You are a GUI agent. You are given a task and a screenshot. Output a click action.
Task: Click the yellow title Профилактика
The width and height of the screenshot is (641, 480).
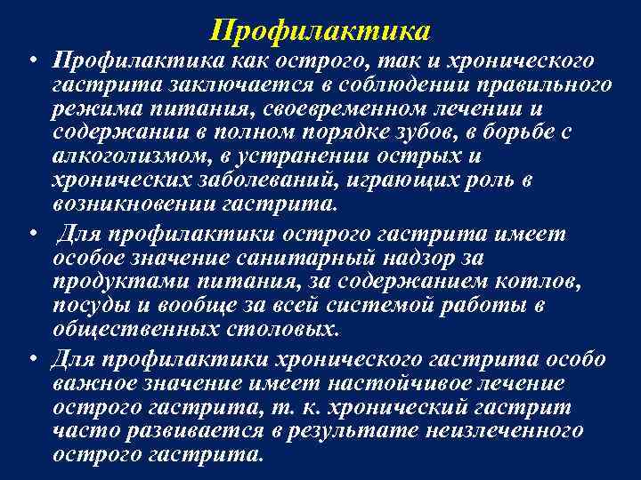pos(321,31)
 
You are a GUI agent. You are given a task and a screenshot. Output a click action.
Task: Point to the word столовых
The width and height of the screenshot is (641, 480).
pos(291,330)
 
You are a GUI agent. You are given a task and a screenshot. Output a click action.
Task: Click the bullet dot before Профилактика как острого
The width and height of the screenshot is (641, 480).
pos(31,62)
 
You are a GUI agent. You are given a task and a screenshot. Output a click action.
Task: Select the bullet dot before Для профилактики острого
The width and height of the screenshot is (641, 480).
pos(31,234)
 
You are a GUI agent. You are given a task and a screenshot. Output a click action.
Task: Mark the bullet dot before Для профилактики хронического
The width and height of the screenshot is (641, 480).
pos(31,360)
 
